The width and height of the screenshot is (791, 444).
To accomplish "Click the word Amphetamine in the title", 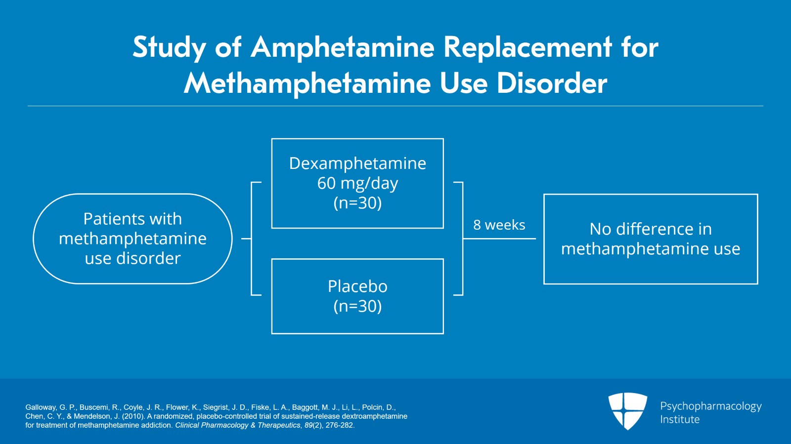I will pos(343,48).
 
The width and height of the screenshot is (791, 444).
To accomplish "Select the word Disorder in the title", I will pos(552,83).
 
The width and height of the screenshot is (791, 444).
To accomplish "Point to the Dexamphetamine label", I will pos(357,163).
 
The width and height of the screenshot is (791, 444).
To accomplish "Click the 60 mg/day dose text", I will pos(357,183).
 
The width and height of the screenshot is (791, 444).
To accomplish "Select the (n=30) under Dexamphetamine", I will pos(357,203).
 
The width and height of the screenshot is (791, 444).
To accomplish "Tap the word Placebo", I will pos(357,286).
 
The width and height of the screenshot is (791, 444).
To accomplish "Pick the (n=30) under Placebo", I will pos(357,306).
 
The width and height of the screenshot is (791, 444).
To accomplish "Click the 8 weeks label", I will pos(499,225).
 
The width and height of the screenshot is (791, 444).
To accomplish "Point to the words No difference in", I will pos(651,229).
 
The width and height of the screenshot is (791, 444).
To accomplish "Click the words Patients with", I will pos(132,219).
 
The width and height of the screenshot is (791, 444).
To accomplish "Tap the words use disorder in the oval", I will pos(132,258).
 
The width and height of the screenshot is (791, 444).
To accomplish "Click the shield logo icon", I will pos(627,410).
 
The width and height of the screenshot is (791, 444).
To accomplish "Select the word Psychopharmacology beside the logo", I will pos(710,406).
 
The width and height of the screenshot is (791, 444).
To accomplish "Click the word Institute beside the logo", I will pos(680,420).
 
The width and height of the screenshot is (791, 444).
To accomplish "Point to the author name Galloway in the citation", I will pos(41,407).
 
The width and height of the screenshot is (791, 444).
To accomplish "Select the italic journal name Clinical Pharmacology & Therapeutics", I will pos(237,425).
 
